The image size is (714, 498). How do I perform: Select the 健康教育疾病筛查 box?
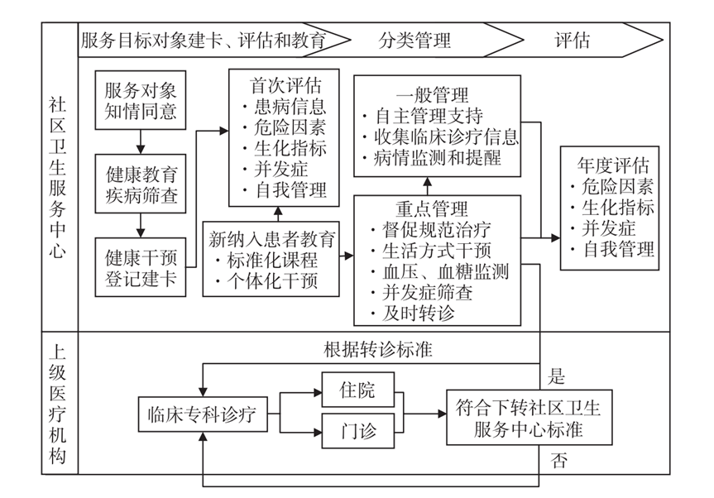point(141,186)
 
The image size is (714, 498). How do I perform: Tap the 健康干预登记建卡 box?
point(141,266)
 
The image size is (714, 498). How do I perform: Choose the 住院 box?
point(357,390)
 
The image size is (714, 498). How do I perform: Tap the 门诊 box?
point(357,431)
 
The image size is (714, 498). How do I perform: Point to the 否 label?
point(558,461)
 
